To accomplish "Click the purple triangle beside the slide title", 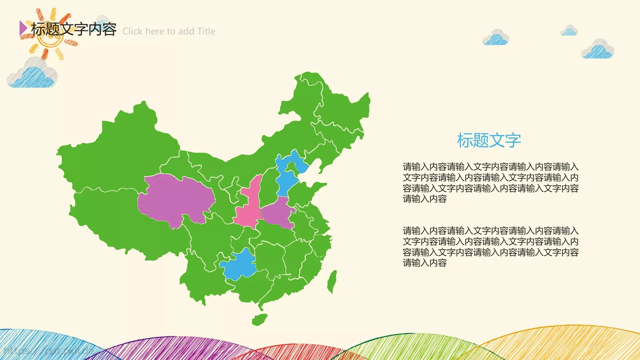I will click(23, 28).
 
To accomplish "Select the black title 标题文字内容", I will click(74, 29).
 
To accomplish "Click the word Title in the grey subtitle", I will click(206, 31).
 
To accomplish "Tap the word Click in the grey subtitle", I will click(132, 31).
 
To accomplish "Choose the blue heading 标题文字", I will click(489, 140).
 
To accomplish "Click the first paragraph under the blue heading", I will click(490, 183).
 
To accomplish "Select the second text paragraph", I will click(490, 247).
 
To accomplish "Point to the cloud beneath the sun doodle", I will click(33, 76).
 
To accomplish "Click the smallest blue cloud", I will click(569, 31).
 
